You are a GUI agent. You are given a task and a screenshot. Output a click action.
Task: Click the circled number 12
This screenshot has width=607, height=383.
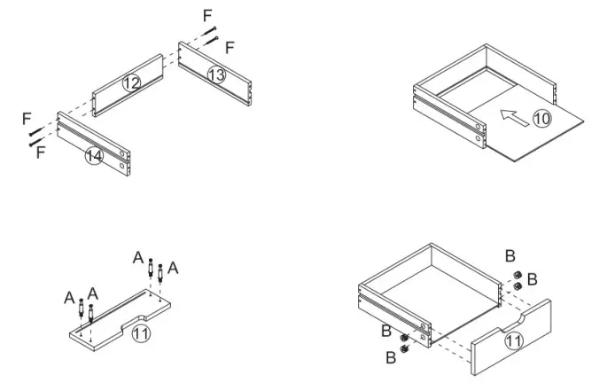[x=131, y=82]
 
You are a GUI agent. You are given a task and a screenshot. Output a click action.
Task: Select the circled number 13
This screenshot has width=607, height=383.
[x=216, y=74]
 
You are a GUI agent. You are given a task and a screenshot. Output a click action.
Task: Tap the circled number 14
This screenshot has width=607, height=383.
[x=94, y=157]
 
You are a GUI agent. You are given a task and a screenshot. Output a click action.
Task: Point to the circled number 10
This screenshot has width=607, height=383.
[x=541, y=118]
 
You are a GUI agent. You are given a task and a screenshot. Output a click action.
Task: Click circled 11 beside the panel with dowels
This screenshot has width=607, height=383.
[x=141, y=333]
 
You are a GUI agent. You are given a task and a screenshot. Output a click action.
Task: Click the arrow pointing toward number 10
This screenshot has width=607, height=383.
[x=513, y=114]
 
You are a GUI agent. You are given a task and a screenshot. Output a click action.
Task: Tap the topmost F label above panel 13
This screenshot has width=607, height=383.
[x=207, y=15]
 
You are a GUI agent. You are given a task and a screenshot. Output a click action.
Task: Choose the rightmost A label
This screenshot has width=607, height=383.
[x=173, y=267]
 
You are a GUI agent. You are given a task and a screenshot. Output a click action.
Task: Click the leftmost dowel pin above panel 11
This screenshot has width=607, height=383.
[x=82, y=311]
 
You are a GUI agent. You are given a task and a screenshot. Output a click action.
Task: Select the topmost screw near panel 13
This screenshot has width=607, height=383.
[x=210, y=33]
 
